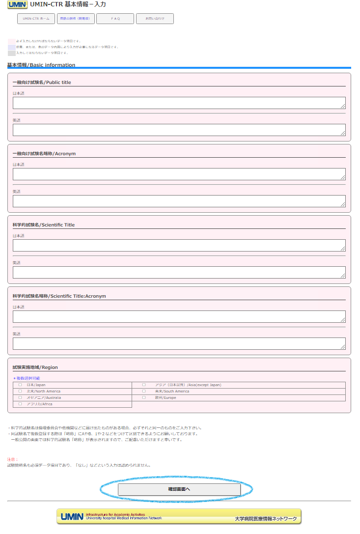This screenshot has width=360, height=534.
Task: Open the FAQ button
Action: point(115,19)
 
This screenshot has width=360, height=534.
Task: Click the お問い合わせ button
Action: point(155,19)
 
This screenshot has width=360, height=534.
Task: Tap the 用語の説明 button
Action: point(75,19)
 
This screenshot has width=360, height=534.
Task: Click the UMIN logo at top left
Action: point(17,4)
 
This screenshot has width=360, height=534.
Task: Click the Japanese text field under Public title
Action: point(179,103)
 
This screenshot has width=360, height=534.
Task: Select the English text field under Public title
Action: point(179,130)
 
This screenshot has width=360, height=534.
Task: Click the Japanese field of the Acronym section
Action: point(179,174)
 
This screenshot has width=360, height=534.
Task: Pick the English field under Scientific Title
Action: point(179,272)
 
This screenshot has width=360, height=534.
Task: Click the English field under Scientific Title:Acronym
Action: point(179,343)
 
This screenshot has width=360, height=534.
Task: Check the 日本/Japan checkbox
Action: point(20,385)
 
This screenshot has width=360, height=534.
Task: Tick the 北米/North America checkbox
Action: point(20,392)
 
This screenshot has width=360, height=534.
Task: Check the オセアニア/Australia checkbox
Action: point(20,398)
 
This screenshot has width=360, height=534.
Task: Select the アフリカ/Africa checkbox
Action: point(20,404)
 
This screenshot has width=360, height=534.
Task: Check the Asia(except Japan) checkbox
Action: point(144,385)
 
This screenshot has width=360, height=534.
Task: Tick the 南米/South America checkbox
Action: point(144,392)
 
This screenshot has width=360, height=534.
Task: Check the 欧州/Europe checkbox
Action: point(144,398)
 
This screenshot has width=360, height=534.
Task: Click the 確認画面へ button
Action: point(179,489)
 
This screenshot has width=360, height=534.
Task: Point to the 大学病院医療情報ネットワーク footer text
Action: point(266,519)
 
